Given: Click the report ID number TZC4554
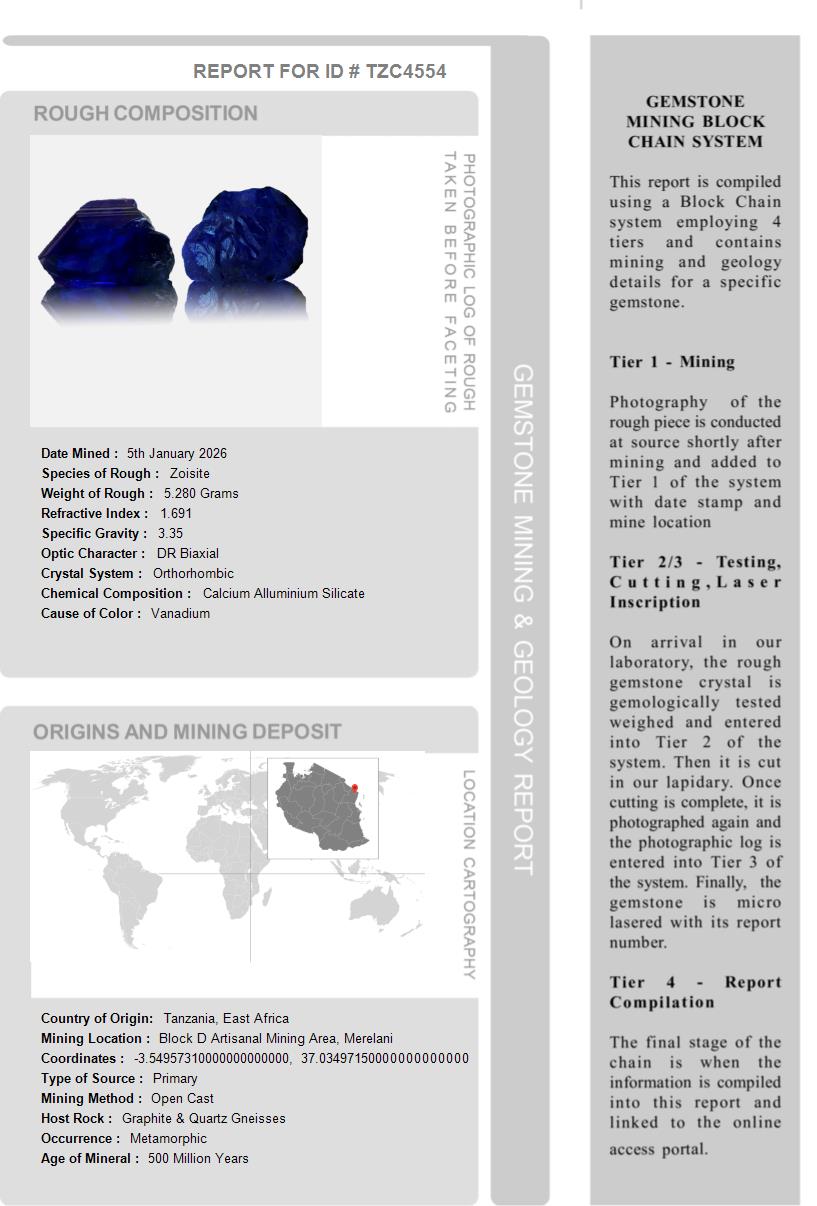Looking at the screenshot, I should [x=406, y=71].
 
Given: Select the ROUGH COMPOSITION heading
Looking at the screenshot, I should [x=146, y=113].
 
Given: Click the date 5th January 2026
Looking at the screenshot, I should [x=177, y=453].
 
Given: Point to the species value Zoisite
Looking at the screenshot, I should [x=190, y=473].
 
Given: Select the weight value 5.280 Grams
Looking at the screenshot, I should [x=201, y=493].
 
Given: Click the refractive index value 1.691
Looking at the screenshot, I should [x=176, y=513].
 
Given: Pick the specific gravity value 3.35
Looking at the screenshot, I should [x=170, y=533].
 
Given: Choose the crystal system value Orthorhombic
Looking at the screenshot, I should [x=193, y=573].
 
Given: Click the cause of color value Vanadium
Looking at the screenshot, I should [x=180, y=613].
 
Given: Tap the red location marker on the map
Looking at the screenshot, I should [x=354, y=787].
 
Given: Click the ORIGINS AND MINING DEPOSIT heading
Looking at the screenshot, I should [x=187, y=732].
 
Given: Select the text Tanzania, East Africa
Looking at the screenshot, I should [x=226, y=1018].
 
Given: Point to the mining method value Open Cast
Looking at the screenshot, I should [x=182, y=1098].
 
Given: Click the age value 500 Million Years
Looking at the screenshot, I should [x=198, y=1158].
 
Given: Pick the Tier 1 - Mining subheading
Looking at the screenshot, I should [x=672, y=362].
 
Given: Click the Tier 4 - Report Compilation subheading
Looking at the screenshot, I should [x=695, y=992].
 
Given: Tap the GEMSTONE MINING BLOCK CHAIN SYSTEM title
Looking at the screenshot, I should [x=695, y=121].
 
